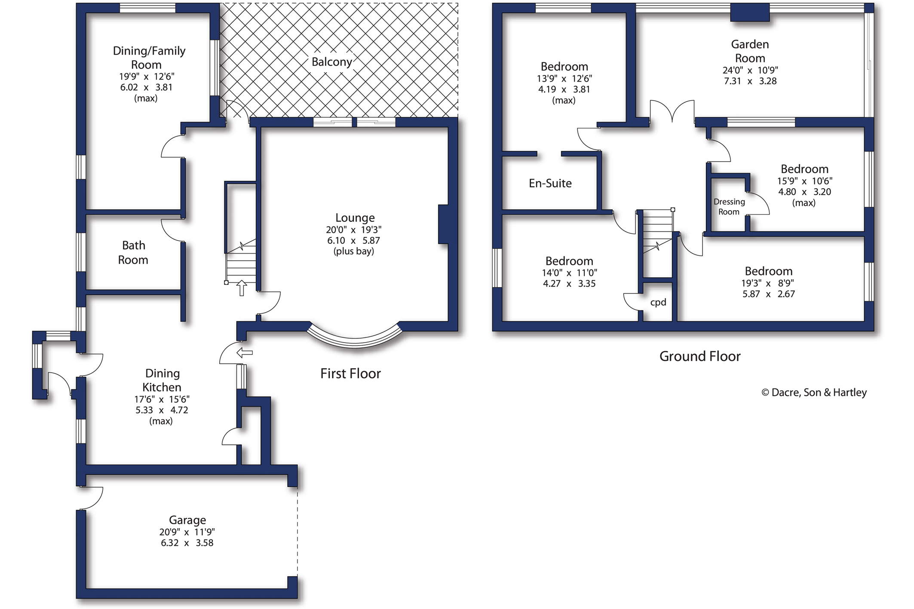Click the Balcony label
click(x=331, y=62)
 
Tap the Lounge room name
click(x=355, y=217)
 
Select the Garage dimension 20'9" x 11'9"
click(x=187, y=532)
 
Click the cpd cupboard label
click(x=658, y=302)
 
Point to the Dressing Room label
click(x=729, y=207)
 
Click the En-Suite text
click(x=550, y=184)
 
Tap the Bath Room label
click(x=133, y=253)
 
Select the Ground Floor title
click(x=699, y=356)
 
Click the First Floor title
click(x=350, y=373)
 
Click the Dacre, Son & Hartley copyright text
click(x=814, y=392)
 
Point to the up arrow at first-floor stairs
click(x=242, y=288)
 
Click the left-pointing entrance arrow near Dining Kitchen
click(x=245, y=353)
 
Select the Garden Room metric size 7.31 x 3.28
click(x=750, y=81)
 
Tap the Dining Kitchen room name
click(x=162, y=380)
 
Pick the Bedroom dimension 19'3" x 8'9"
click(x=768, y=283)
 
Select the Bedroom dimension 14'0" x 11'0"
click(x=569, y=272)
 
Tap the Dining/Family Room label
click(x=149, y=58)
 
